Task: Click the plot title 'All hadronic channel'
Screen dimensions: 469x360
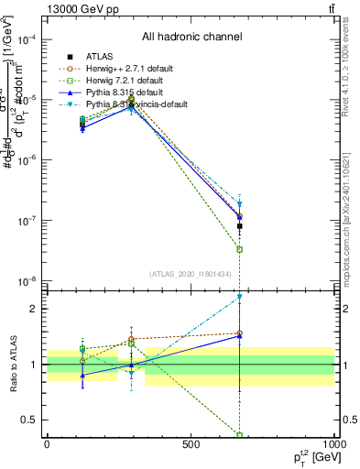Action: [191, 38]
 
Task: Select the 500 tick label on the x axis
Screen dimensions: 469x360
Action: [191, 447]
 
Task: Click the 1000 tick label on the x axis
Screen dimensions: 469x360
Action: [332, 447]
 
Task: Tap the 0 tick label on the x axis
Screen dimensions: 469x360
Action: [47, 447]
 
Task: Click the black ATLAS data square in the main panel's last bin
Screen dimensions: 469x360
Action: [240, 225]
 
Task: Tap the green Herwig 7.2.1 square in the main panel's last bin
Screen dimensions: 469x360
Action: [240, 249]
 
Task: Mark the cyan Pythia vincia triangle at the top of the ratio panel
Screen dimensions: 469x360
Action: [240, 297]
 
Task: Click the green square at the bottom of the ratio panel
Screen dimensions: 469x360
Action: [240, 435]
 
